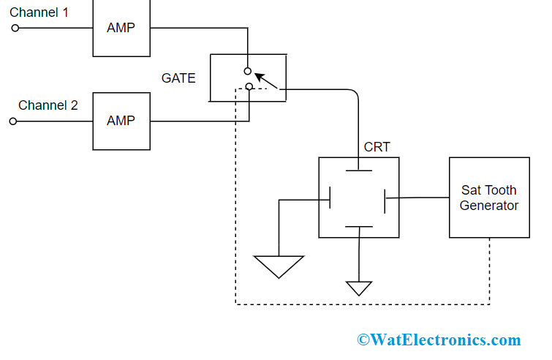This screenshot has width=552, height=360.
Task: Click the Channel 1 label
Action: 40,12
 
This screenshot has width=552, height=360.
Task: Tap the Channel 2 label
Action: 48,105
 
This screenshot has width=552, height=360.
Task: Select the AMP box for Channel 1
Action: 121,28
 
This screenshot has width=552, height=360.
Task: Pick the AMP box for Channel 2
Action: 121,121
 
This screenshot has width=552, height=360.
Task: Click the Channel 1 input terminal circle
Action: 14,29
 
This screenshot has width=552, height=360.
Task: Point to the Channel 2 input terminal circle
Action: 13,121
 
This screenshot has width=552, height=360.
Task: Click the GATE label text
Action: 178,78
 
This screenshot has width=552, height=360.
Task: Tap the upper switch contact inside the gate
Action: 248,72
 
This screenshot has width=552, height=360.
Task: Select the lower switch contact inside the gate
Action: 249,87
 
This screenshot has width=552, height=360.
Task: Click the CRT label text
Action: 377,147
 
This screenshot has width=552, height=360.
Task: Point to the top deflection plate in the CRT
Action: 358,171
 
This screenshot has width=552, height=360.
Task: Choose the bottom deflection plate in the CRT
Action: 358,226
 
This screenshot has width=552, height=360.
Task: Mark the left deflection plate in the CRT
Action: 332,198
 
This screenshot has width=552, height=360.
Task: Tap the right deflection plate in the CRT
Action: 385,198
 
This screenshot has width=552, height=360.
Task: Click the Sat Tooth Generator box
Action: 489,198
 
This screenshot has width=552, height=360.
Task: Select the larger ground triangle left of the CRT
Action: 279,266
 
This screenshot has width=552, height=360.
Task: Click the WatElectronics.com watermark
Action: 439,340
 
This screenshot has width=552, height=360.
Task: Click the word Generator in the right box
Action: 489,206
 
